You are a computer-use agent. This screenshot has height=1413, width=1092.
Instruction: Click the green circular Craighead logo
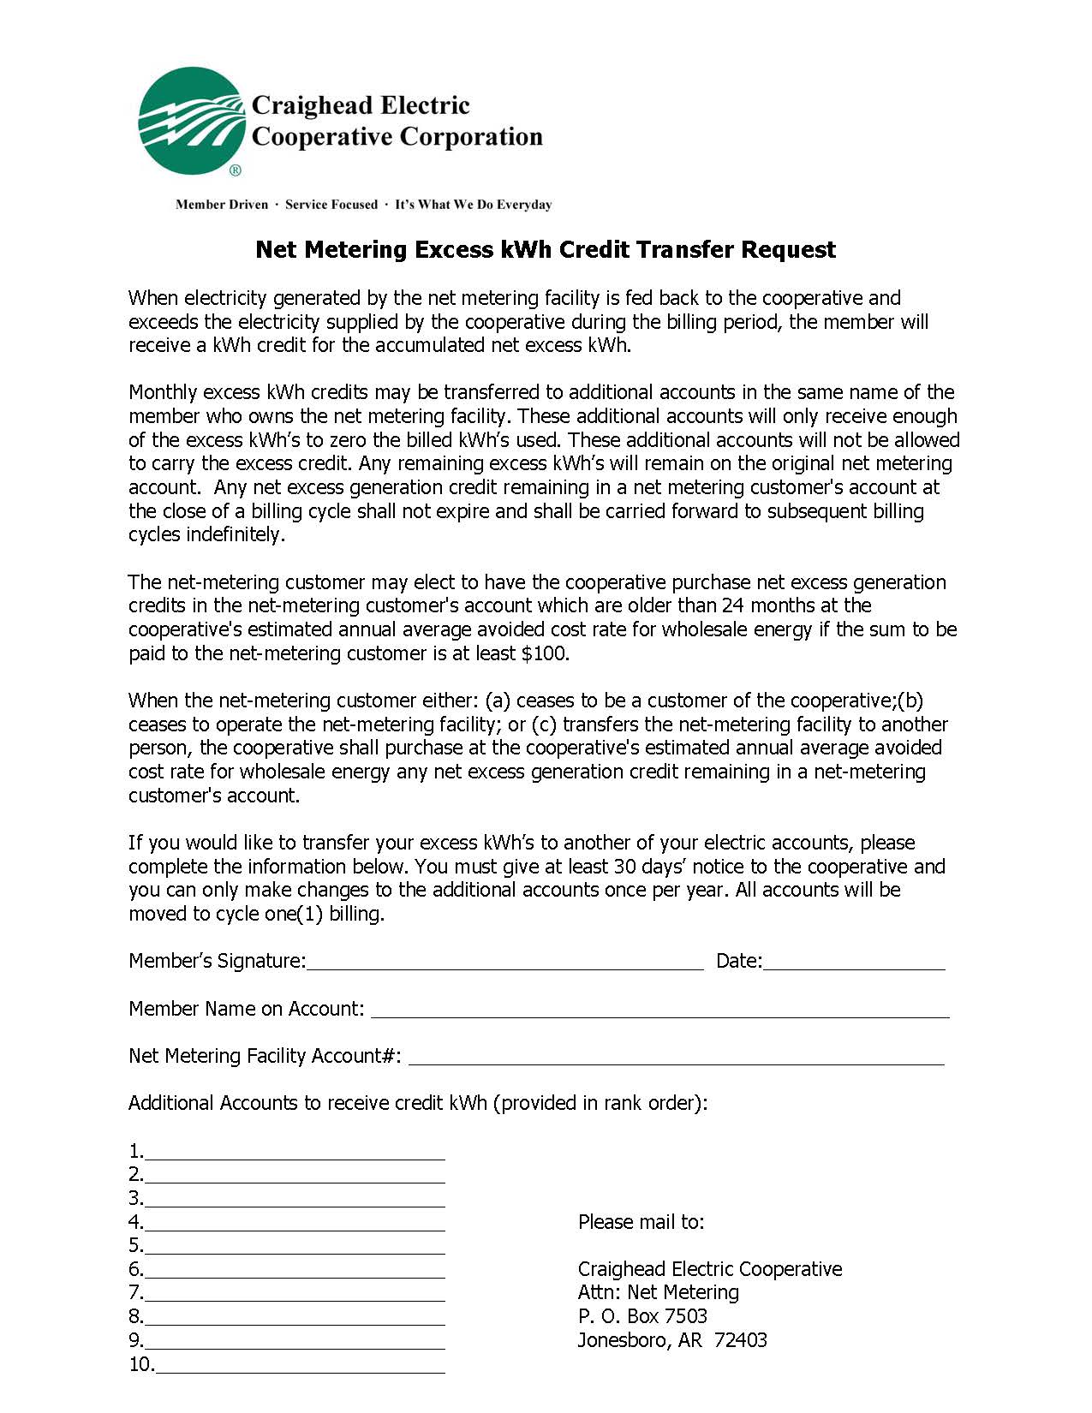pyautogui.click(x=193, y=121)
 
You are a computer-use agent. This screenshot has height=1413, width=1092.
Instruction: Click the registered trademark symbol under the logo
pyautogui.click(x=236, y=170)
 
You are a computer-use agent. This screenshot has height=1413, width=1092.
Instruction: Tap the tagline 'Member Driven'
pyautogui.click(x=221, y=205)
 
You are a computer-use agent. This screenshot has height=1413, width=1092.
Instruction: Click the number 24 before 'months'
pyautogui.click(x=733, y=605)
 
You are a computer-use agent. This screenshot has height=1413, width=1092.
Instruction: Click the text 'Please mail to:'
pyautogui.click(x=641, y=1222)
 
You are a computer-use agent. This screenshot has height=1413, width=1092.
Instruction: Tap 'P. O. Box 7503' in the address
pyautogui.click(x=642, y=1316)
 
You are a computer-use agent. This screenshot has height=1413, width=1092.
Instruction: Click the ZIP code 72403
pyautogui.click(x=741, y=1340)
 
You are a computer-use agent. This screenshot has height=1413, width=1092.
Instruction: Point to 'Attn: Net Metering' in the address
pyautogui.click(x=658, y=1292)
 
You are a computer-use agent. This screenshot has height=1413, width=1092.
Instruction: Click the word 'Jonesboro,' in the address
pyautogui.click(x=624, y=1340)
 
